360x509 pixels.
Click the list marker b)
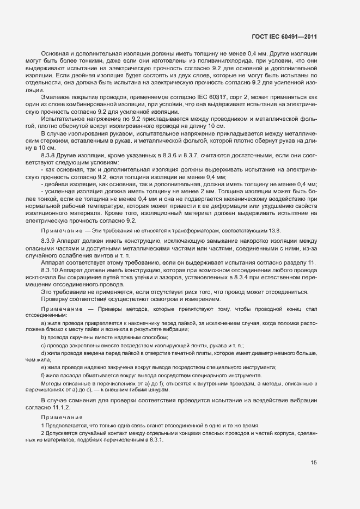tap(44, 338)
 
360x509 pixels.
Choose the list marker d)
tap(44, 353)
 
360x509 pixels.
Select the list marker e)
tap(44, 368)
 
